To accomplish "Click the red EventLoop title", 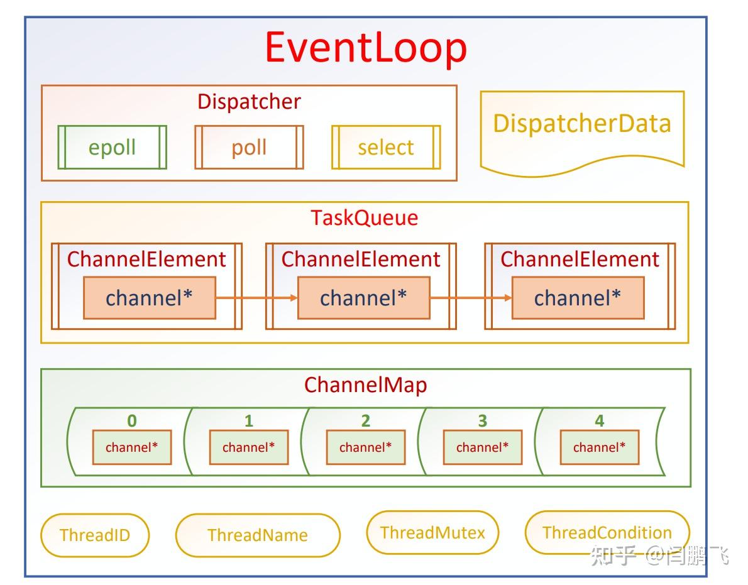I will (366, 48).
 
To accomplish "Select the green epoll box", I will (112, 147).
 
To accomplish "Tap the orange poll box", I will (249, 147).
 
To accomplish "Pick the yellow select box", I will (385, 147).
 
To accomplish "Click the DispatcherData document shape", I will (581, 129).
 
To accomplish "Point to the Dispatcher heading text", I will (249, 101).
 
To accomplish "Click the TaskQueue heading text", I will (364, 217).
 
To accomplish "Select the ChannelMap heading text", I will (365, 385).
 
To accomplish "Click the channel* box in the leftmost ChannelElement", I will (150, 297).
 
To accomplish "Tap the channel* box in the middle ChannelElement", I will (363, 297).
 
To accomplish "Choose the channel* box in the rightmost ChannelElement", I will (578, 297).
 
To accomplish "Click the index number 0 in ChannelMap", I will (131, 420).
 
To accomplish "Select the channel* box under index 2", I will (365, 447).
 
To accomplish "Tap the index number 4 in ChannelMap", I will (599, 420).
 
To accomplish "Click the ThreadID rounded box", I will (95, 535).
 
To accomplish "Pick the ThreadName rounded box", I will (258, 535).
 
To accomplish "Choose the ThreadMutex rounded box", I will (432, 533).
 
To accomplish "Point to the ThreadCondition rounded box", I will (607, 533).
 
